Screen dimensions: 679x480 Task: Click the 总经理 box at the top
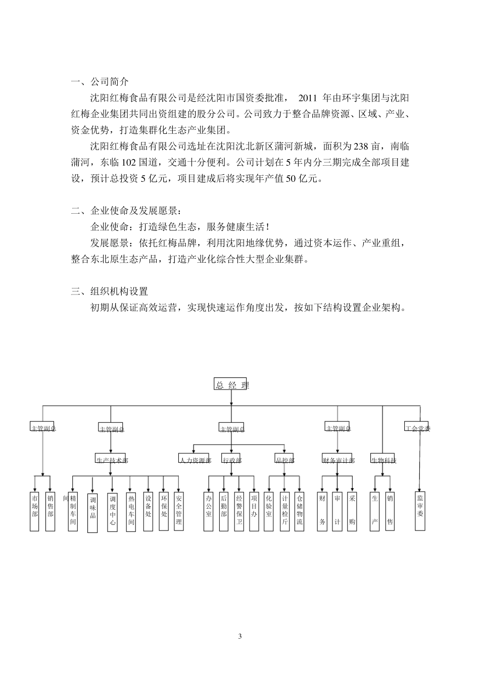(x=230, y=385)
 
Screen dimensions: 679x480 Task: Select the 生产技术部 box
(x=112, y=459)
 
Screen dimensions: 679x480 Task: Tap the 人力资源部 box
(x=195, y=459)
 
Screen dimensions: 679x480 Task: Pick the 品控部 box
(x=284, y=459)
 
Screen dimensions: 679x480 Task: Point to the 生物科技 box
(x=383, y=459)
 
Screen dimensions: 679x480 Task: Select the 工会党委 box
(x=417, y=427)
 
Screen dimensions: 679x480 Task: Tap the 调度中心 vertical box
(x=112, y=511)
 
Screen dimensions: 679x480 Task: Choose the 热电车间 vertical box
(x=131, y=511)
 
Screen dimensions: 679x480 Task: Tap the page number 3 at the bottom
(x=240, y=636)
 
